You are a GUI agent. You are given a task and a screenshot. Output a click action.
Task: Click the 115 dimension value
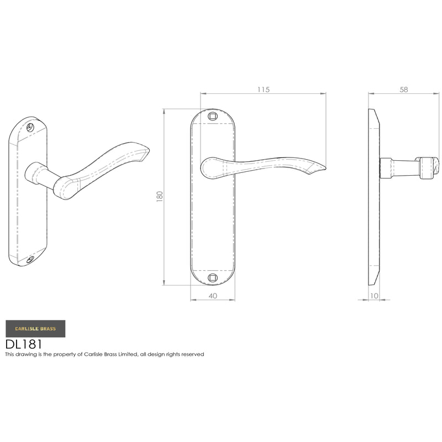tap(264, 90)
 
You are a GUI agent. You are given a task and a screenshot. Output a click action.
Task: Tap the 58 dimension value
tap(404, 90)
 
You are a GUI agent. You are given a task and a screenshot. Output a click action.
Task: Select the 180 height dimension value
tap(160, 196)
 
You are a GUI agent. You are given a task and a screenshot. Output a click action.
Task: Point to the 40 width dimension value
tap(213, 296)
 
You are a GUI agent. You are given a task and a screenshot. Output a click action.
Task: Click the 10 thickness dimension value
tap(374, 296)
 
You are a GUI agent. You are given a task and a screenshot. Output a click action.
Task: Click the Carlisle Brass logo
tap(35, 328)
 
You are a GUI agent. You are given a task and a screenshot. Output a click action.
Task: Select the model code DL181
tap(24, 344)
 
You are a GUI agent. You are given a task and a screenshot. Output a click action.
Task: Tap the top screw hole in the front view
tap(213, 116)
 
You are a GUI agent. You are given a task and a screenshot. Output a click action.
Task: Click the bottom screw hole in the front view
tap(213, 278)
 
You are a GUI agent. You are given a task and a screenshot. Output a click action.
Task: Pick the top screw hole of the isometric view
tap(30, 128)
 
